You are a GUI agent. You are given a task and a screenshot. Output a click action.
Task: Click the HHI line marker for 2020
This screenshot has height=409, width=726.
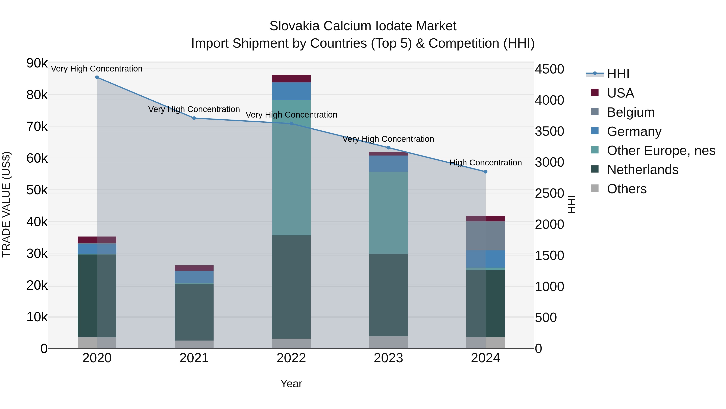coord(97,77)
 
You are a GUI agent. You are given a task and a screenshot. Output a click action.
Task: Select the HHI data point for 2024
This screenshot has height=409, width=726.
coord(485,172)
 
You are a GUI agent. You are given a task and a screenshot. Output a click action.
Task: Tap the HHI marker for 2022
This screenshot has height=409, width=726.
coord(291,124)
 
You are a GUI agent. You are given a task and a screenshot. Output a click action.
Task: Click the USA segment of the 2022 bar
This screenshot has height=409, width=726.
coord(291,79)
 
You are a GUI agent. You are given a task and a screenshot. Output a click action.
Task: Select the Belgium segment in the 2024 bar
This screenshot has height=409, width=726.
coord(485,236)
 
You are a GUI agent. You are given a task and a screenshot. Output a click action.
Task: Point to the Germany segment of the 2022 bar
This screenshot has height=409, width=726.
coord(291,91)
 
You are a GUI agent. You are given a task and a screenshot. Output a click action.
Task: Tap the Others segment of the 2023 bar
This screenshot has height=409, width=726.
coord(388,342)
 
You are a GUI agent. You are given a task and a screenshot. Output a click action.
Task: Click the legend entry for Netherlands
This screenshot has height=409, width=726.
coord(642,170)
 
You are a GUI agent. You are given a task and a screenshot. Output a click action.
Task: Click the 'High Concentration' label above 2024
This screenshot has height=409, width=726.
coord(485,163)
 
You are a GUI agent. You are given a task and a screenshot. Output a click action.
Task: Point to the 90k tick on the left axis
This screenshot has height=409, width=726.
coord(37,63)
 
